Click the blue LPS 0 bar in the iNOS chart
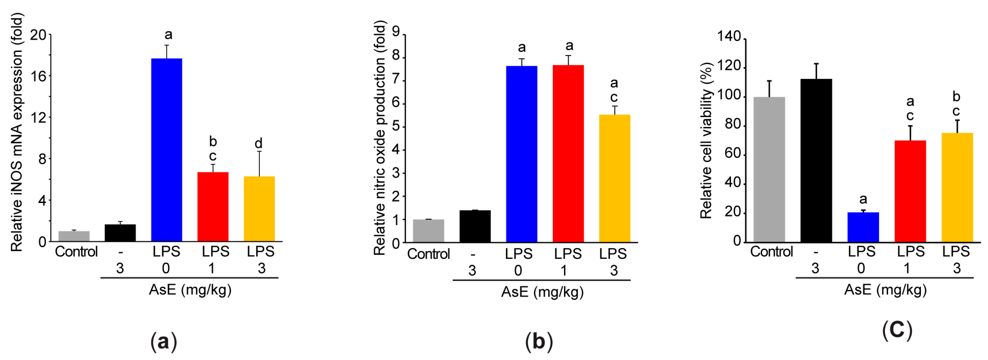[x=166, y=150]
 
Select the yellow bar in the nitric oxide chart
[x=614, y=178]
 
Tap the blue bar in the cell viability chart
[x=863, y=227]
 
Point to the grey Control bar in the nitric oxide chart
[x=428, y=230]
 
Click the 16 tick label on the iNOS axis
[x=38, y=76]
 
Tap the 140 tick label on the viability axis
[x=729, y=36]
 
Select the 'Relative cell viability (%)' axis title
[x=706, y=140]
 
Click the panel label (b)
[x=539, y=341]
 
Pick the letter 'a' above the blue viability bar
[x=863, y=199]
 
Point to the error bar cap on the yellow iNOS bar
[x=259, y=151]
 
